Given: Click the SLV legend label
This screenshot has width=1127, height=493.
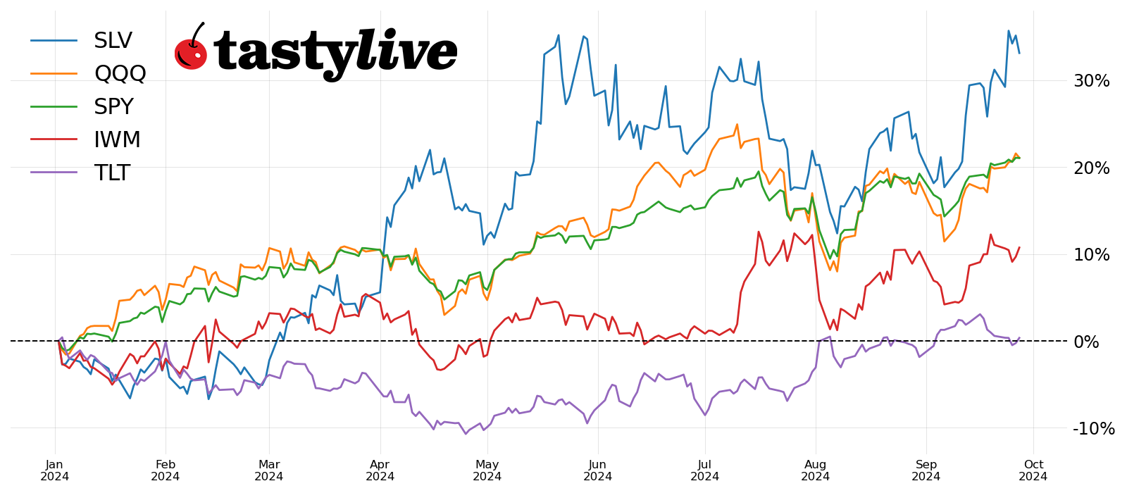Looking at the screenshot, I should pos(113,41).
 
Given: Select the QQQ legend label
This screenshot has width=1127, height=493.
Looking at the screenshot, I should pos(120,73).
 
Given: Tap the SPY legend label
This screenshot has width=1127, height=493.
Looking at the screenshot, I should pos(113,106).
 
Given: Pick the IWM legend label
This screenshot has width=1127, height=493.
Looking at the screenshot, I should pos(117,139).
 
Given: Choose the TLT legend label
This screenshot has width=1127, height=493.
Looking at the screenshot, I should pos(112,173).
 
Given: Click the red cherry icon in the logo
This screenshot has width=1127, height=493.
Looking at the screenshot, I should pos(190,52).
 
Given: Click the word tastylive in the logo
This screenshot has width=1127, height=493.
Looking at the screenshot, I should pos(335,52).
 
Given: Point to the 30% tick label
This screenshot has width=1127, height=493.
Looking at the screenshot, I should pos(1091,81).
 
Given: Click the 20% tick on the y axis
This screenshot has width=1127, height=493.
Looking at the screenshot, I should pos(1091,168).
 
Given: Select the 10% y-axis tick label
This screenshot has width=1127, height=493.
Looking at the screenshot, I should pos(1091,255).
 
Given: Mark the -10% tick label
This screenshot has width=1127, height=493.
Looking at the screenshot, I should pos(1093,428).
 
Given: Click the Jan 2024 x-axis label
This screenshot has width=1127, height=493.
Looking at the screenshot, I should pos(54,470).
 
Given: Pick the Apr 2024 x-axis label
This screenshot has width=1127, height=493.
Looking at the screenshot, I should pos(380,470).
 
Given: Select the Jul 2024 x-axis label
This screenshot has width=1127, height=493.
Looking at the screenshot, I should pos(704,470).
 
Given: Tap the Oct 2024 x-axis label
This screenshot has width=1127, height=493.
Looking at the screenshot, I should pos(1033,470).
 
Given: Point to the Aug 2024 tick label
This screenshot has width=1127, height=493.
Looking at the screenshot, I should pos(815,470).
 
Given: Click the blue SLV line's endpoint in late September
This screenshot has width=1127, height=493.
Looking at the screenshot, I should pos(1019,53).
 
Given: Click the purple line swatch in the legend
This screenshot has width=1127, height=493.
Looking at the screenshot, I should pos(54,173).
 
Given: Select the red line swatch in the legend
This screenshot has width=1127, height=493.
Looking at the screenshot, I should pos(54,139).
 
